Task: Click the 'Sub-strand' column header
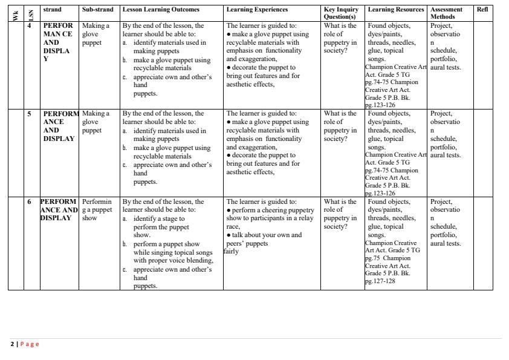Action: click(97, 10)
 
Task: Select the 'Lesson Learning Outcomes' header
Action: click(161, 10)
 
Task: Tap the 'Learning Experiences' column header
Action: click(257, 10)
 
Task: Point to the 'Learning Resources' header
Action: click(396, 10)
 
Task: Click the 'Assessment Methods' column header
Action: click(446, 13)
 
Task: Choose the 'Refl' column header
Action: click(482, 10)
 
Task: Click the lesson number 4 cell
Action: click(30, 26)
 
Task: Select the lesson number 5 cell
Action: click(30, 114)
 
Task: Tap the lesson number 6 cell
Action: click(30, 201)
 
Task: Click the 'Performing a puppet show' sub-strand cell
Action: click(97, 210)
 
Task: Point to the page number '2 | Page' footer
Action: click(25, 344)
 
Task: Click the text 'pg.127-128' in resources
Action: click(380, 281)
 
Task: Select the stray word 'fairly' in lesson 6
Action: click(231, 252)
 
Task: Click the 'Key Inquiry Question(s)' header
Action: click(341, 13)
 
